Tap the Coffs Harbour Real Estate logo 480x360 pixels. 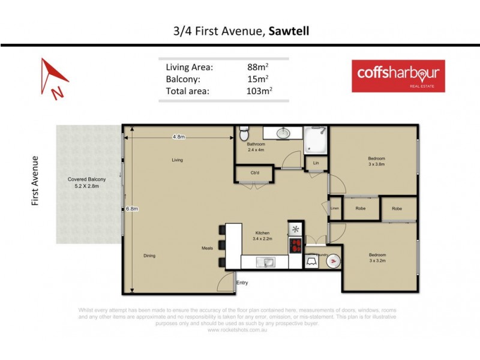pyautogui.click(x=398, y=76)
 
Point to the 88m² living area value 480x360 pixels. pyautogui.click(x=258, y=67)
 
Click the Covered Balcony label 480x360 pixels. pyautogui.click(x=87, y=183)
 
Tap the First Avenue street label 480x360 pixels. pyautogui.click(x=35, y=181)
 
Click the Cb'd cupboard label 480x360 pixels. pyautogui.click(x=255, y=173)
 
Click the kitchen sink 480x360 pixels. pyautogui.click(x=265, y=261)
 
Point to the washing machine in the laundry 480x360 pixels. pyautogui.click(x=334, y=260)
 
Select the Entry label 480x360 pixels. pyautogui.click(x=242, y=283)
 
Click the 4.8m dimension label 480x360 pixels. pyautogui.click(x=179, y=137)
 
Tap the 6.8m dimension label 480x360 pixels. pyautogui.click(x=132, y=209)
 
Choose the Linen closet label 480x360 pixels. pyautogui.click(x=335, y=208)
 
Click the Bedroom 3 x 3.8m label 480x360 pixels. pyautogui.click(x=376, y=161)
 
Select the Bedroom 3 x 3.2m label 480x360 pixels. pyautogui.click(x=377, y=257)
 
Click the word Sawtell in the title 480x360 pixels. pyautogui.click(x=289, y=31)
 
